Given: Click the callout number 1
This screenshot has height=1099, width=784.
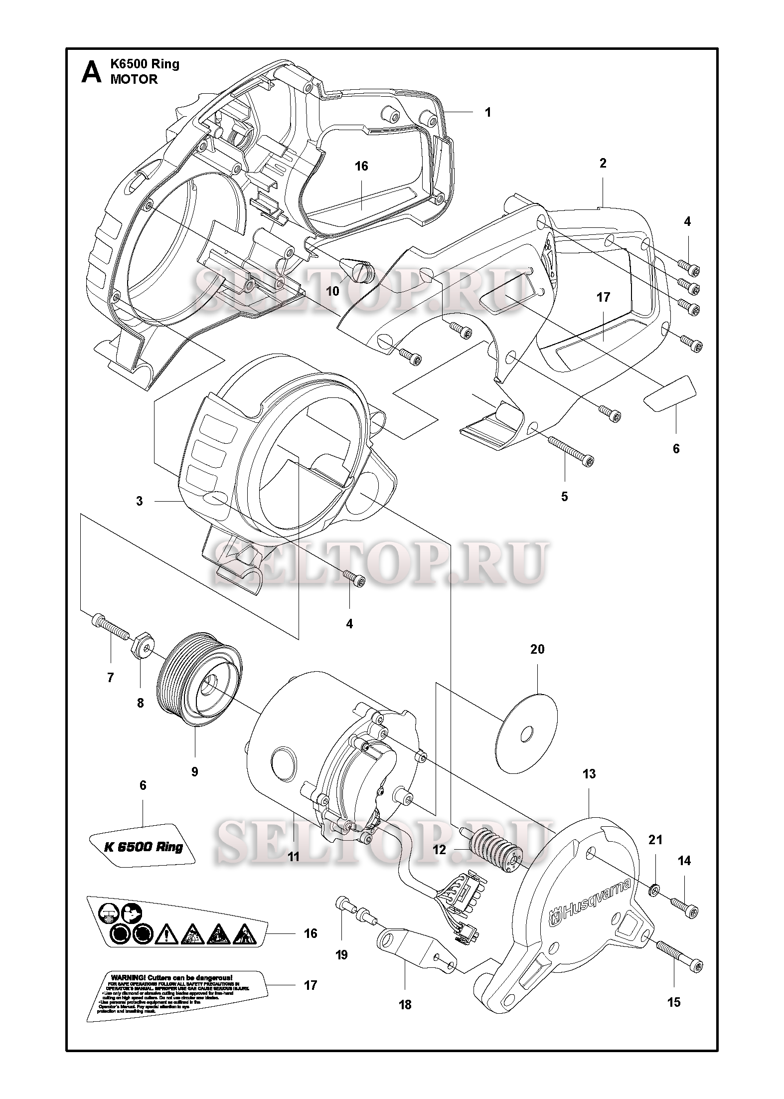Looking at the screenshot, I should click(x=488, y=113).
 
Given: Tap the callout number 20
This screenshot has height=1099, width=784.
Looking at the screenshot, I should click(x=537, y=650).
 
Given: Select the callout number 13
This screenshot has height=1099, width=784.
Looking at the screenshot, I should click(x=589, y=774).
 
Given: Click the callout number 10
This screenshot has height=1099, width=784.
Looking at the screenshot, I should click(x=332, y=291).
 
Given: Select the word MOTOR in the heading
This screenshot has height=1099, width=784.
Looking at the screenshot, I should click(x=134, y=79).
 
